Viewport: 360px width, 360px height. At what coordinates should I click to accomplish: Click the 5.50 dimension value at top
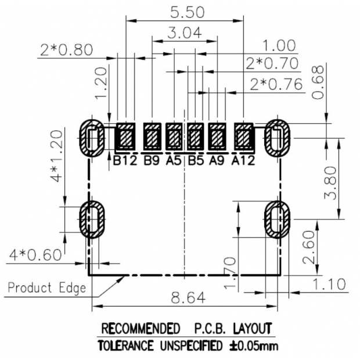click(184, 11)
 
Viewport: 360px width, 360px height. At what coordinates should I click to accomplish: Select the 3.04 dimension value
click(184, 34)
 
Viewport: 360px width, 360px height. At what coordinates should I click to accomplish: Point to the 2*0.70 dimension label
click(272, 63)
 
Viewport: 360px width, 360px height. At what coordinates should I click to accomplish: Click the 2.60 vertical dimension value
click(312, 246)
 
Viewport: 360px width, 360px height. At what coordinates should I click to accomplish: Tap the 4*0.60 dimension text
click(35, 255)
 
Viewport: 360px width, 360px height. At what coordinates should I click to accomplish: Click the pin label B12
click(125, 160)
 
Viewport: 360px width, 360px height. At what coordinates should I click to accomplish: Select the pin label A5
click(174, 160)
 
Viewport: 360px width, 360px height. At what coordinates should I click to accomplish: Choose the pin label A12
click(243, 160)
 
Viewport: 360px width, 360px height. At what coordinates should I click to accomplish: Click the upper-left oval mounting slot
click(92, 138)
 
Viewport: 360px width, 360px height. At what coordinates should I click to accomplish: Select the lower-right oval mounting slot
click(277, 219)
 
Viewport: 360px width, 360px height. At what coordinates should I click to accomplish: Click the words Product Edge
click(47, 288)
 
